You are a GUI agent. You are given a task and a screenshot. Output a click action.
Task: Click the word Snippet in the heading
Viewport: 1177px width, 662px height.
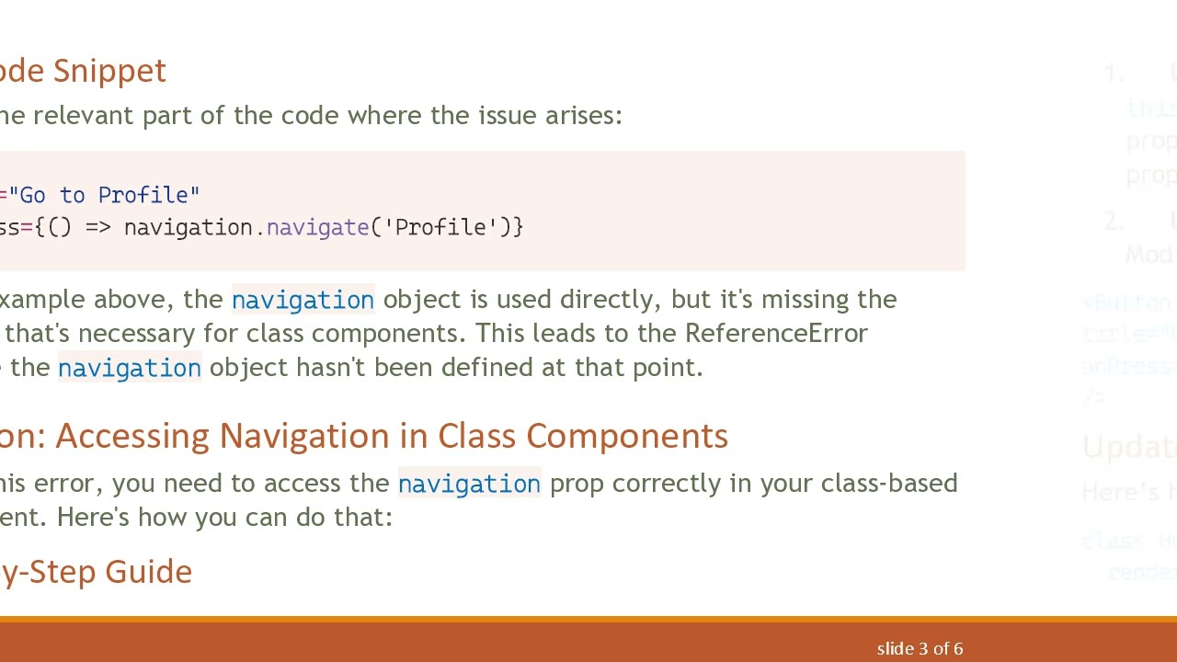[109, 71]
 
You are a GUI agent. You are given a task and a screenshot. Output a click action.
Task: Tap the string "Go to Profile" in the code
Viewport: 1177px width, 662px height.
[104, 195]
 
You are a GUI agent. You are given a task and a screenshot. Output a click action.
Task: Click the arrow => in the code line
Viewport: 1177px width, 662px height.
[97, 228]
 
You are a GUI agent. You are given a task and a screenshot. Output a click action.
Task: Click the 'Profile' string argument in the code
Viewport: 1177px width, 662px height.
[440, 228]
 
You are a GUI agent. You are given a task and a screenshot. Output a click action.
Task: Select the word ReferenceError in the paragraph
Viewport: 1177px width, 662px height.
[776, 333]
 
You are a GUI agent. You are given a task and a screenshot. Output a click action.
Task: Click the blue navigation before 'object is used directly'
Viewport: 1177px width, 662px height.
[303, 300]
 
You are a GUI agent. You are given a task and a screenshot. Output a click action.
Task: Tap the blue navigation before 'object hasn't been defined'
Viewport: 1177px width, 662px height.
[129, 368]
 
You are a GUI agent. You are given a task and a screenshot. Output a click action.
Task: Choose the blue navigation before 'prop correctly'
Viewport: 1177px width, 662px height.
[469, 484]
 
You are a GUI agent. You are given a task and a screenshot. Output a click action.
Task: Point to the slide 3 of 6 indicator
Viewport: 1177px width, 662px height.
[920, 649]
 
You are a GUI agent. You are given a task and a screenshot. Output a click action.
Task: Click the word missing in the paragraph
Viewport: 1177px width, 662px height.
[804, 300]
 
